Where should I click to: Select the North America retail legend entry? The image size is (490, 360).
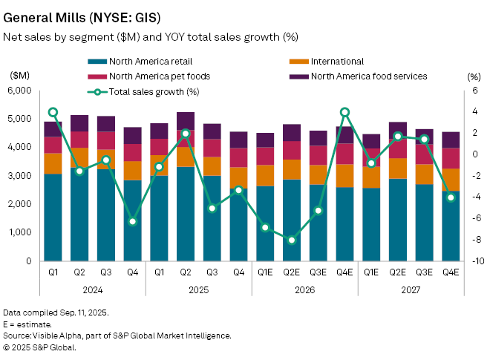(142, 61)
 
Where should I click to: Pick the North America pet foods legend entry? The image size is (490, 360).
(148, 76)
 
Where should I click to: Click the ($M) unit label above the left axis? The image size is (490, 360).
(20, 76)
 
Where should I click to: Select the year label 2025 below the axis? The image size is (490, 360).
(186, 289)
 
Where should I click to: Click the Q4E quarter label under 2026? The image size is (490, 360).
(344, 273)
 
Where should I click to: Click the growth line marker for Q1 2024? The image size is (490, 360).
(53, 112)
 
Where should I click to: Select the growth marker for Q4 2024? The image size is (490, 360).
(133, 221)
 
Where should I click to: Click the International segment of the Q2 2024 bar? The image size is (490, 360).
(79, 157)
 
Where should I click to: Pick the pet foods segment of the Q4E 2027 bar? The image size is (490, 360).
(451, 158)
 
